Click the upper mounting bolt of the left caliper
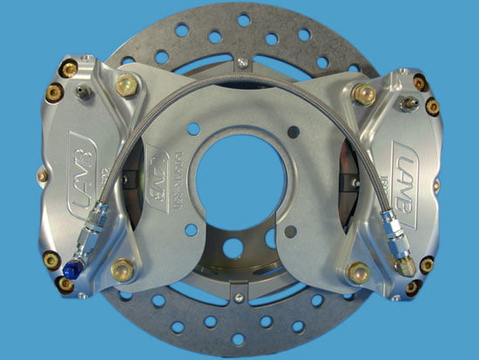pos(126,85)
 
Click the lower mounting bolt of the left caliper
pos(123,270)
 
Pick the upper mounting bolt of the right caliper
pos(363,93)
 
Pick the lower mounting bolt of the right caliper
pos(357,273)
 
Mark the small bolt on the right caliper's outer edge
pos(437,186)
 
